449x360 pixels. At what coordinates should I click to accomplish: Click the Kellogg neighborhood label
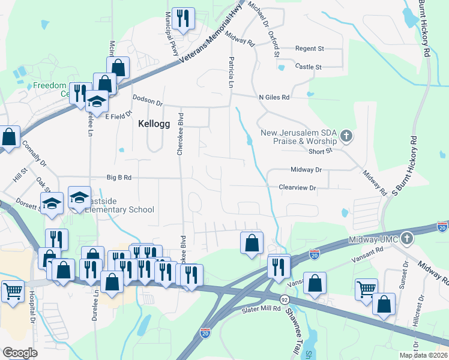pos(154,124)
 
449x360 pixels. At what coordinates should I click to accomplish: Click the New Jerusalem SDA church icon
pos(346,136)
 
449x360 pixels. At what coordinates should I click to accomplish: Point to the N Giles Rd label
pos(274,97)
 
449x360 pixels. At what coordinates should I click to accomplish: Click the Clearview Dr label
pos(297,188)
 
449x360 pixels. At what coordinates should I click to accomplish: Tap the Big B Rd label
pos(119,178)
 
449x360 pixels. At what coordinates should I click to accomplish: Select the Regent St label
pos(309,49)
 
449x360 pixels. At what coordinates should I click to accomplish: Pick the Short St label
pos(320,152)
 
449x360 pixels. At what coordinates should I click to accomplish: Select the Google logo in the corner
pos(20,353)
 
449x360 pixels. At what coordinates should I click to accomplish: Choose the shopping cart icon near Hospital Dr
pos(12,291)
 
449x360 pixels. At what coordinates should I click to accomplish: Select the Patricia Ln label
pos(231,72)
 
